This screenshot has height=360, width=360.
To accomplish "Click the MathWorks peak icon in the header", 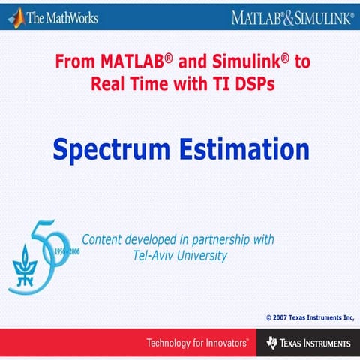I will (13, 16).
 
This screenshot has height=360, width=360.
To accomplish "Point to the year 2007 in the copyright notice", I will (283, 318).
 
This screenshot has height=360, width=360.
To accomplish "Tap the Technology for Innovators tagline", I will (196, 343).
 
